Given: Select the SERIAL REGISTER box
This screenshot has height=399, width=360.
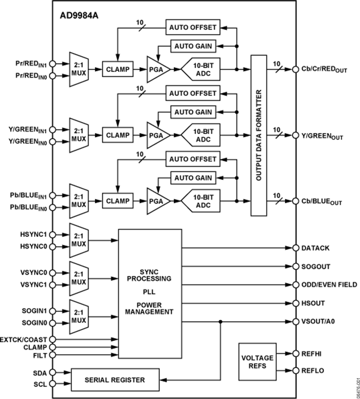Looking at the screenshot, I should click(114, 379).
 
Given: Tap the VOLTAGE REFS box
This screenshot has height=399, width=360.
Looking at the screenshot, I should click(257, 361).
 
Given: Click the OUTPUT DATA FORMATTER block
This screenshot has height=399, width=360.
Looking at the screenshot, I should click(259, 136).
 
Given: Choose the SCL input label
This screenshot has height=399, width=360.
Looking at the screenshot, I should click(40, 384).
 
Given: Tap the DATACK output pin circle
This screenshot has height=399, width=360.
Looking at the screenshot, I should click(295, 248).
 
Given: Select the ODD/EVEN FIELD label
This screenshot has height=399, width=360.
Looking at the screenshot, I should click(329, 285).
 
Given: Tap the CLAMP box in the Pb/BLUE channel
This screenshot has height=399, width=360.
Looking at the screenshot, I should click(118, 200).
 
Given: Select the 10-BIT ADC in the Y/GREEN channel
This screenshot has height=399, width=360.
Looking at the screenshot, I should click(201, 135).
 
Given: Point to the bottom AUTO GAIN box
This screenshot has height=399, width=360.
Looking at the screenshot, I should click(193, 177).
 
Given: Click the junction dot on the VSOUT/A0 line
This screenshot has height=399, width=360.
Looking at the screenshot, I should click(220, 321).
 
